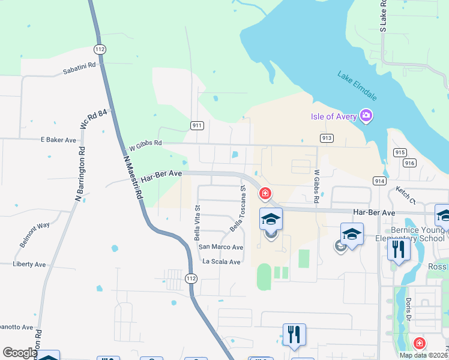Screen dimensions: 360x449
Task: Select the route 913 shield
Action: (327, 138)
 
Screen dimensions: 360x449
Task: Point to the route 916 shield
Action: (410, 163)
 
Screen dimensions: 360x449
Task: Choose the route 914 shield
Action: (379, 181)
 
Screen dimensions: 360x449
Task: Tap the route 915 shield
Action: (400, 152)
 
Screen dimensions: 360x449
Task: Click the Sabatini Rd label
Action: (79, 69)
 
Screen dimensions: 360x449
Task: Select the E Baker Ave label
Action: (58, 140)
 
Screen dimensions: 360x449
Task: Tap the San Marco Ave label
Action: (221, 247)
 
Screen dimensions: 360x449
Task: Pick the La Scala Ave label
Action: (221, 262)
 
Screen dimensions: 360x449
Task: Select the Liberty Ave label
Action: (29, 264)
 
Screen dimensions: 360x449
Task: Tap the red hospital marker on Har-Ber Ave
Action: (264, 193)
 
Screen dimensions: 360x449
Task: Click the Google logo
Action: (20, 353)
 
